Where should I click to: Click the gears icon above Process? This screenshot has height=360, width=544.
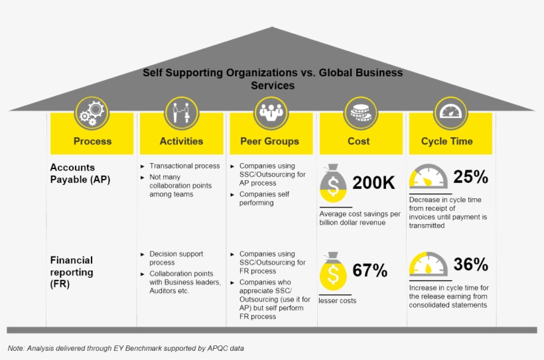92,113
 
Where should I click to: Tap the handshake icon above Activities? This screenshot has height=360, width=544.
182,113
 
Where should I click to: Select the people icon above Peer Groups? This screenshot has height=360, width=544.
271,113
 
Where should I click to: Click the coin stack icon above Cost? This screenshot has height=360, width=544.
361,113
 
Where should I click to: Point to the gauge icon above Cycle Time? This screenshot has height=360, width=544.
450,113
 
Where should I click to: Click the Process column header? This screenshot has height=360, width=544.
93,141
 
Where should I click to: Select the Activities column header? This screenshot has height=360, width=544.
182,141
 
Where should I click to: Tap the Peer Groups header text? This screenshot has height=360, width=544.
269,141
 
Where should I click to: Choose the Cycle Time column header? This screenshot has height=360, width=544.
447,141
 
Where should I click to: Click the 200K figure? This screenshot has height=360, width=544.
374,183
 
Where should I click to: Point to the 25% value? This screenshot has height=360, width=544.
471,177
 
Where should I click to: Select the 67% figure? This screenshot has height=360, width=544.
370,270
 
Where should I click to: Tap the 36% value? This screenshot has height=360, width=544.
471,265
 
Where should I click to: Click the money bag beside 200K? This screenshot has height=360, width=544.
333,184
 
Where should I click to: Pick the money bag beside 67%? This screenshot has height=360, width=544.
333,271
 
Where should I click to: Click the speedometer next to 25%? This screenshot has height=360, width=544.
429,176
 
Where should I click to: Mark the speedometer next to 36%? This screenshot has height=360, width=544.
429,265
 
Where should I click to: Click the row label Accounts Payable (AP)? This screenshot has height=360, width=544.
80,174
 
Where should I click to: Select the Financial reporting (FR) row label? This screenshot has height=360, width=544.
72,272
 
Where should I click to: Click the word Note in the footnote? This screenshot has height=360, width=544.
16,348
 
